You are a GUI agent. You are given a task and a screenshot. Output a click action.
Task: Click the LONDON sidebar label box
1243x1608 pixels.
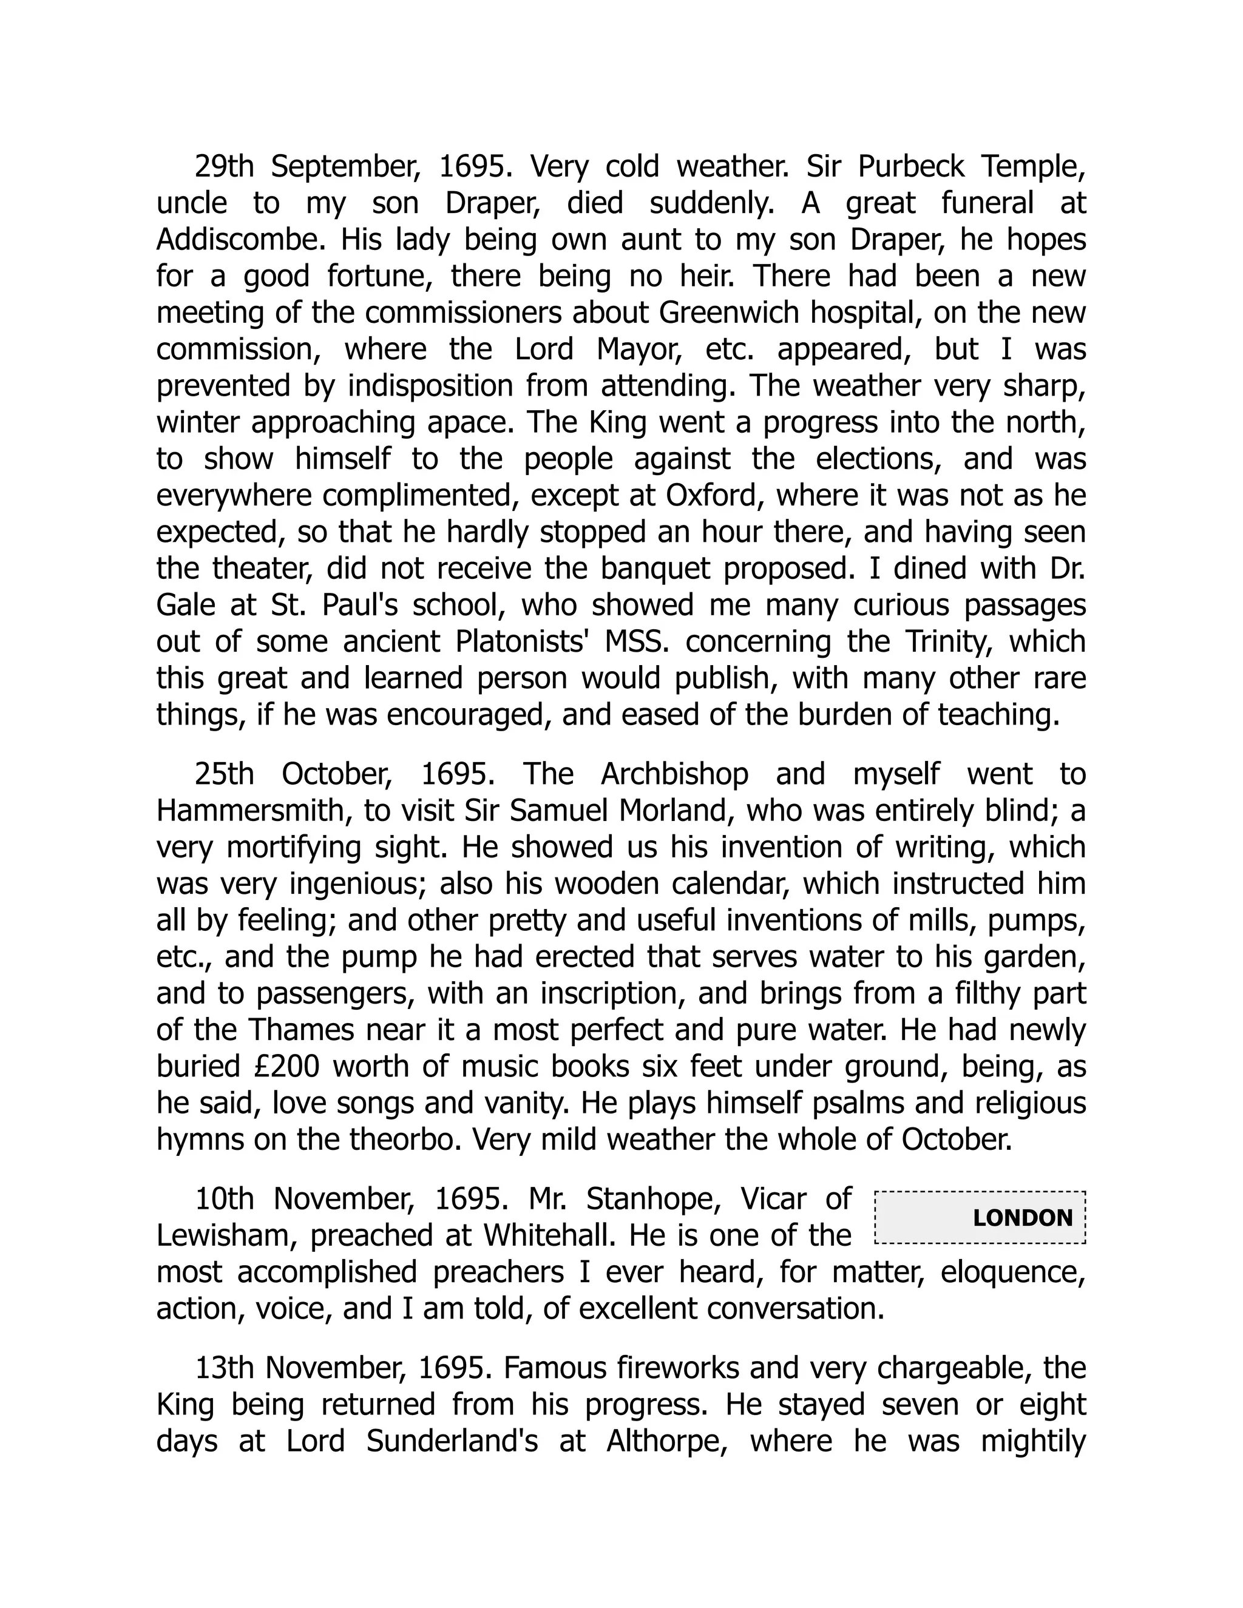980,1217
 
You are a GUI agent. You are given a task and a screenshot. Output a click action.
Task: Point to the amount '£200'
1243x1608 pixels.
287,1066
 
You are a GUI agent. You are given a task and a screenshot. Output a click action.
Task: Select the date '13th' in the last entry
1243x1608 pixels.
224,1367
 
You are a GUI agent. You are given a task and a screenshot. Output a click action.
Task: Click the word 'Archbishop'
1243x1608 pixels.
674,774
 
